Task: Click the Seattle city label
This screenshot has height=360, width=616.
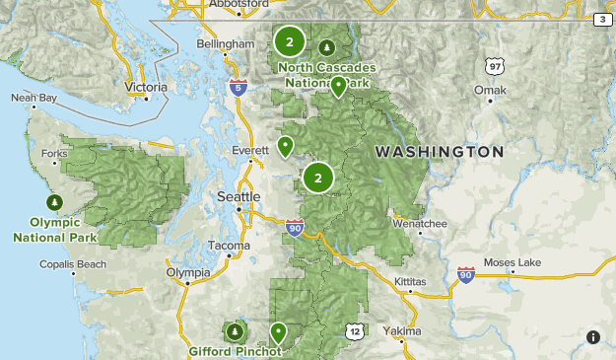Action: tap(239, 196)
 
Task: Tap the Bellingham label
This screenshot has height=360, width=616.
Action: tap(226, 45)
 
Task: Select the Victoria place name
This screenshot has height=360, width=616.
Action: tap(147, 87)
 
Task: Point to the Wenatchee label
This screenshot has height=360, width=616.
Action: tap(420, 224)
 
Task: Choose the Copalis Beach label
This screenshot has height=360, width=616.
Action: tap(73, 264)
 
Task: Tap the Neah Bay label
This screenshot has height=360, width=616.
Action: tap(34, 98)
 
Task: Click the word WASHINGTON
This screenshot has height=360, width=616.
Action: tap(440, 153)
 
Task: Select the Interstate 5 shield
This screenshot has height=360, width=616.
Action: tap(237, 88)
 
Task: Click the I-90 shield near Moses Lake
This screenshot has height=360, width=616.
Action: tap(466, 275)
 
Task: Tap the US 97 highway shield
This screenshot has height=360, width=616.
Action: tap(494, 65)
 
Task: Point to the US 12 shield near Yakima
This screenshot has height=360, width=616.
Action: tap(354, 331)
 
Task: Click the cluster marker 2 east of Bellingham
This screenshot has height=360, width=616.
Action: tap(289, 41)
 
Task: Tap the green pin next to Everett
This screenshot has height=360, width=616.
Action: tap(285, 147)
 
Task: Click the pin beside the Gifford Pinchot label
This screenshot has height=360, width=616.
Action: tap(278, 331)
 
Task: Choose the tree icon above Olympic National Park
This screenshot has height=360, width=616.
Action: tap(55, 202)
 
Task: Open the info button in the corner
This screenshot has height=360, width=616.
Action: tap(592, 337)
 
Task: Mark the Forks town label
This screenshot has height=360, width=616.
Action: tap(55, 153)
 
